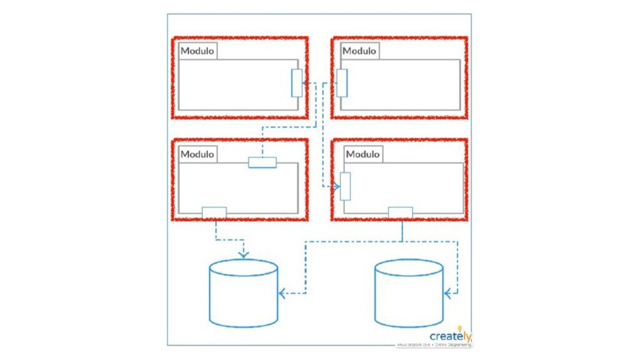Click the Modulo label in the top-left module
(x=197, y=51)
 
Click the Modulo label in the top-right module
(x=359, y=51)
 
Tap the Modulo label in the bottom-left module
(x=197, y=154)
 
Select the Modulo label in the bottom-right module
(x=362, y=154)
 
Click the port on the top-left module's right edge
(x=297, y=83)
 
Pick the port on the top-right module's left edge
(x=342, y=83)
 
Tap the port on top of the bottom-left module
(x=262, y=162)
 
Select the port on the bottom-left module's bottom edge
(x=214, y=212)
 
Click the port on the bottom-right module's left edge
(x=345, y=186)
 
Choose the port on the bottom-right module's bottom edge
(x=401, y=212)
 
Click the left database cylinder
(x=243, y=293)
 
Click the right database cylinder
(x=409, y=293)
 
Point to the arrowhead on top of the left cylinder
(x=243, y=254)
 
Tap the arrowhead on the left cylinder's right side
(x=282, y=292)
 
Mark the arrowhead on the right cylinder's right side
(x=447, y=292)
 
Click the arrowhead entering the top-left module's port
(x=306, y=83)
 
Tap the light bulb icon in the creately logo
(x=461, y=328)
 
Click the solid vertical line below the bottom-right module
(x=402, y=230)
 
